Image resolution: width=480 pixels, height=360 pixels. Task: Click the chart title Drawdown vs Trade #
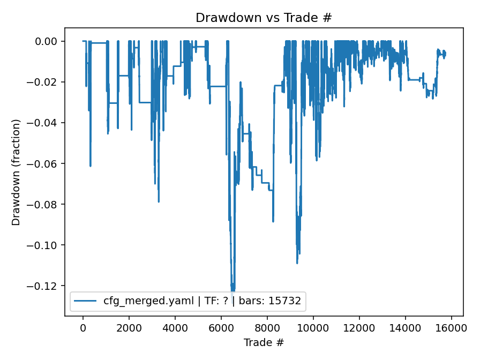pyautogui.click(x=264, y=18)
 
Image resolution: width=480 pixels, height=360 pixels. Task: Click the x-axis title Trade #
pyautogui.click(x=264, y=342)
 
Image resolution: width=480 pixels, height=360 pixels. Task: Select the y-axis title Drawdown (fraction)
pyautogui.click(x=16, y=172)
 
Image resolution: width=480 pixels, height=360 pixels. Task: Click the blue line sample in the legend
pyautogui.click(x=86, y=301)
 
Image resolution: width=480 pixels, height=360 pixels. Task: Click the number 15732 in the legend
pyautogui.click(x=287, y=301)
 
